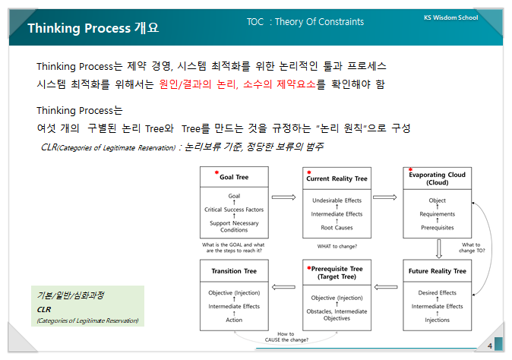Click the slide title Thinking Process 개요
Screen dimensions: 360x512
point(93,28)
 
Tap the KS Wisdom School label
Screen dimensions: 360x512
point(450,17)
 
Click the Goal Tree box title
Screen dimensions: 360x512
point(233,177)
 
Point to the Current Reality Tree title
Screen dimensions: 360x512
point(340,178)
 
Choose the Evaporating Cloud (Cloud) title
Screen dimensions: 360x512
point(436,178)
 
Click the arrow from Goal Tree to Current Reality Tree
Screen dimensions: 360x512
point(283,197)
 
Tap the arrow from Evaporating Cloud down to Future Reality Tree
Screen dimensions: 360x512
point(439,248)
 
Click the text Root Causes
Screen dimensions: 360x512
point(337,227)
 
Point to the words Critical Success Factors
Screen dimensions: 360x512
point(234,209)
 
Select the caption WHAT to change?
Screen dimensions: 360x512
point(337,246)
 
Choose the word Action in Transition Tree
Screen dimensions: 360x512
point(234,320)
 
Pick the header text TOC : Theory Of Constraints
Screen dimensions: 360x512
point(305,22)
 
